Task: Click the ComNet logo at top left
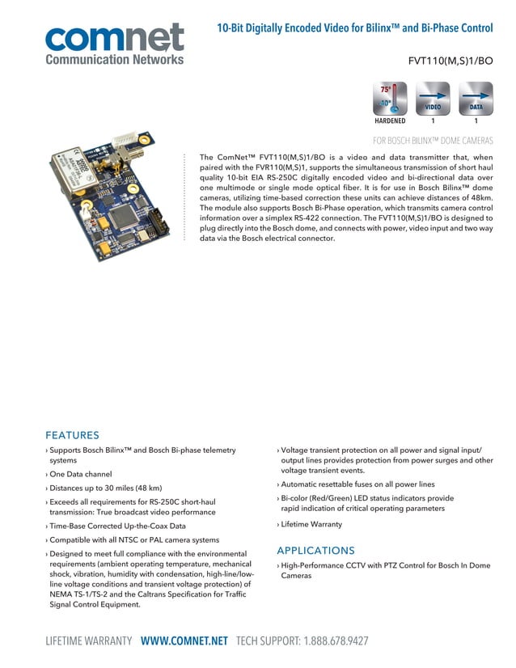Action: coord(114,38)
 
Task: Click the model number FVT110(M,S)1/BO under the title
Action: coord(452,61)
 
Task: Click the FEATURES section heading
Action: coord(72,435)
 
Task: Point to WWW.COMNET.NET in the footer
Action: coord(184,641)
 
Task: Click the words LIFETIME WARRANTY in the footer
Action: coord(88,641)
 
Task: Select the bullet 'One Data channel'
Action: coord(81,474)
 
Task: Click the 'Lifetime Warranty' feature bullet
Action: coord(311,524)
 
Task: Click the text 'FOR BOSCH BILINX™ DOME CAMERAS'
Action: coord(432,141)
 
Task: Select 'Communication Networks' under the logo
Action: coord(114,59)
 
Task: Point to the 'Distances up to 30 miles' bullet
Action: coord(106,488)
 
